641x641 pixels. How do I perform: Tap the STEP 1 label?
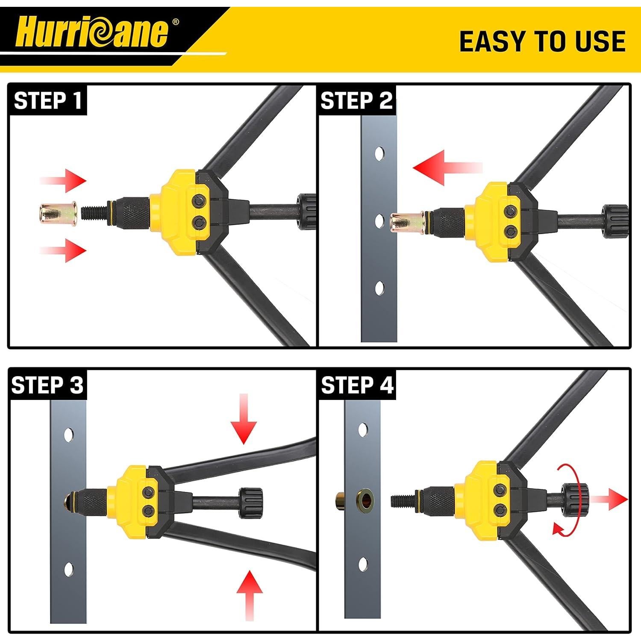(x=47, y=101)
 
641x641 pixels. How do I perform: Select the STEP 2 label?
(x=356, y=101)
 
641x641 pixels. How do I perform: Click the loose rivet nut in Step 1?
(x=56, y=213)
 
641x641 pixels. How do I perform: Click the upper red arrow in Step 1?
(x=64, y=181)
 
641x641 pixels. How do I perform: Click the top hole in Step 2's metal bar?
(x=379, y=153)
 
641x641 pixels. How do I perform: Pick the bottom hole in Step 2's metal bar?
(x=379, y=288)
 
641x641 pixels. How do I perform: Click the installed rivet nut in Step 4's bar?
(x=363, y=498)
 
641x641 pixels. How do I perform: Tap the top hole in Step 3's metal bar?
(x=68, y=435)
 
